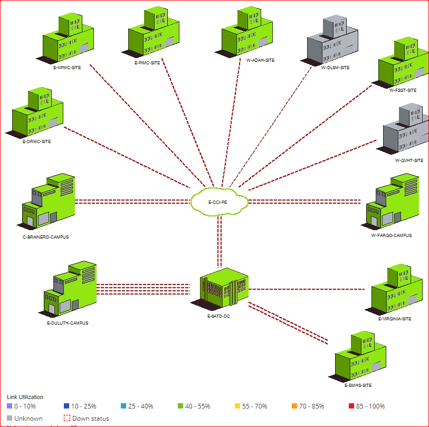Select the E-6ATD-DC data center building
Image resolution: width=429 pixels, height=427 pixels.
(223, 289)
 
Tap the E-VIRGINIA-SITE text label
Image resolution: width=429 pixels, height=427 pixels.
(395, 319)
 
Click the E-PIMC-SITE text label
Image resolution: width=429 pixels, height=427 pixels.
(147, 63)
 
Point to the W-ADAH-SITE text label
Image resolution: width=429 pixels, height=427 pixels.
(261, 60)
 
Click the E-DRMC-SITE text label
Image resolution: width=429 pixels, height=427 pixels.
(37, 141)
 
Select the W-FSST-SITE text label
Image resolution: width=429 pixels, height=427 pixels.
(403, 90)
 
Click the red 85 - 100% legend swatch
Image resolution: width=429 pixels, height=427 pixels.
(351, 406)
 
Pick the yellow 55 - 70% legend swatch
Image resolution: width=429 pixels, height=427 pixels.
(237, 406)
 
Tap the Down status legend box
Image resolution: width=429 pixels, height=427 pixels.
(67, 418)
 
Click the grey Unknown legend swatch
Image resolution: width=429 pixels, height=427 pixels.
(10, 418)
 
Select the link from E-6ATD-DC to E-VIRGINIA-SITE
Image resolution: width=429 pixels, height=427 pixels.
(306, 289)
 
